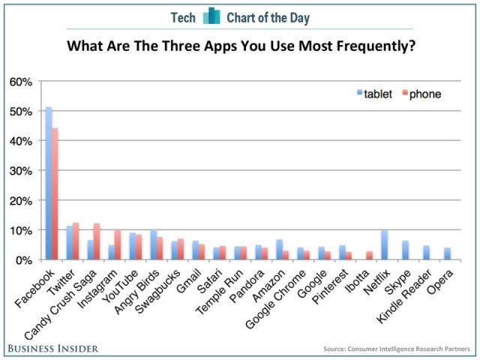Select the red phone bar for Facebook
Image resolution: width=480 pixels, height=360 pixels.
point(55,194)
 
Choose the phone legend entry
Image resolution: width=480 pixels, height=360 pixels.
point(421,94)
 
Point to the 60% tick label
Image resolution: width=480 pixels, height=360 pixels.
point(21,81)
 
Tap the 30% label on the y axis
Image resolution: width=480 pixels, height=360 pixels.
point(21,170)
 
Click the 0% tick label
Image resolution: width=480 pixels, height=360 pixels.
point(24,259)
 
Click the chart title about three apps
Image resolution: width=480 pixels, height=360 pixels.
point(241,46)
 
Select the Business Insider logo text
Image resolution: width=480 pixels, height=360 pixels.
point(55,348)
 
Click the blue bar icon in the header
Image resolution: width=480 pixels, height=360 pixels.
point(211,16)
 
